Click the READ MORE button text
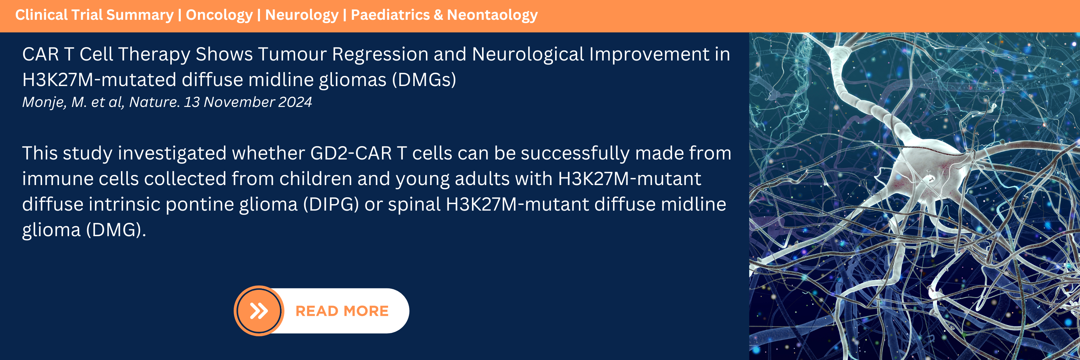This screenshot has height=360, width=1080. (342, 311)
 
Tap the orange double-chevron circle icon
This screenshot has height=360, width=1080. (259, 311)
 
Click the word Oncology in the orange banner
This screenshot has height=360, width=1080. (219, 15)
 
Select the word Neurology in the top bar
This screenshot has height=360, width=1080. (301, 15)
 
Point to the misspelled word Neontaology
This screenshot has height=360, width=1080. (492, 15)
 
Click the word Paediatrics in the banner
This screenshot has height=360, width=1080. (390, 15)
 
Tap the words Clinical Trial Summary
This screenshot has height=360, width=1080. (94, 15)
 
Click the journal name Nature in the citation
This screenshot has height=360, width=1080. (154, 102)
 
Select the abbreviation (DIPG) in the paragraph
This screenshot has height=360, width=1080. (331, 204)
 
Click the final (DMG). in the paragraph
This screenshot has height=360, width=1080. (116, 230)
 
